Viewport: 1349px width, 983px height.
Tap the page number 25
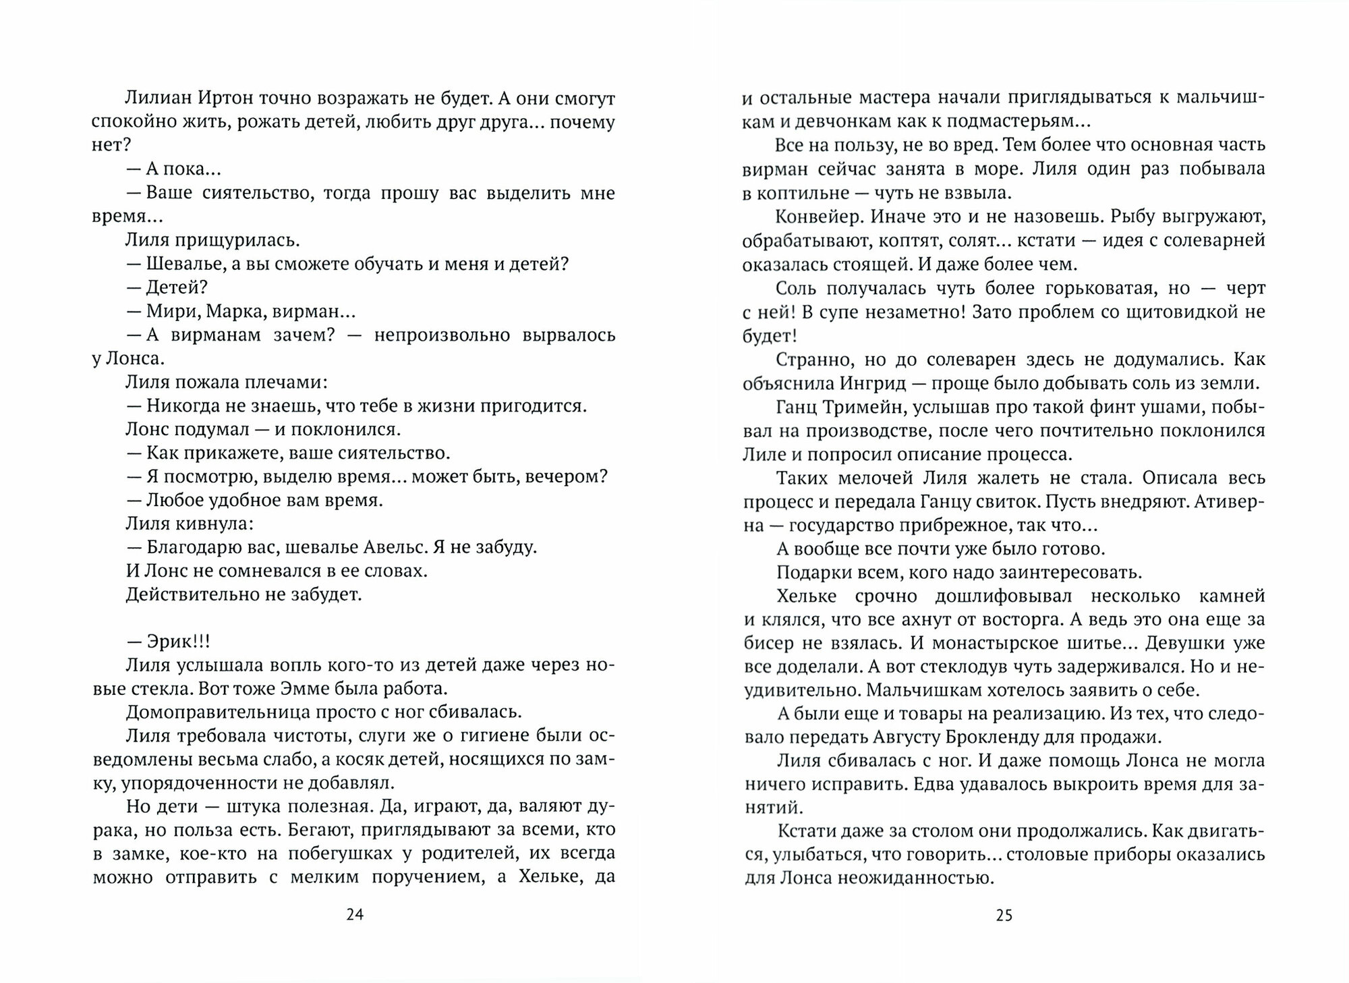click(1004, 915)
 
